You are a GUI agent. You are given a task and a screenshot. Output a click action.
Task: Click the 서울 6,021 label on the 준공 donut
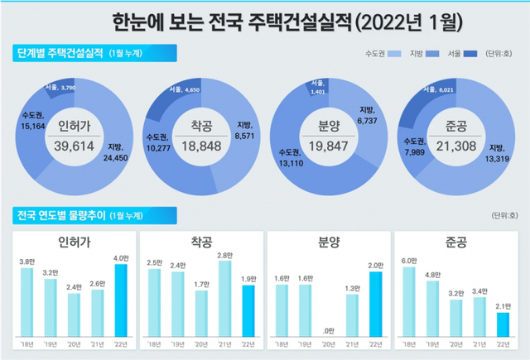pos(446,87)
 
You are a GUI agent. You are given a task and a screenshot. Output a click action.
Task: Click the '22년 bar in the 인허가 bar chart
pos(122,300)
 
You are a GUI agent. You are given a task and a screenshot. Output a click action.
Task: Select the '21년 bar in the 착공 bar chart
pos(225,295)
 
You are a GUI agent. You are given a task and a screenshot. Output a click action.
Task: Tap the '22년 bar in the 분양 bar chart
pos(375,304)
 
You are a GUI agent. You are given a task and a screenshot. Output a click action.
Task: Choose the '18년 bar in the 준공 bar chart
pos(408,301)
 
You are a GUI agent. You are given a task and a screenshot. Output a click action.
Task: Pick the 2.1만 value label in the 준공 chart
pos(503,306)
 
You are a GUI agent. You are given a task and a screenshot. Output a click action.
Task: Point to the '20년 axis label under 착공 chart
pos(201,343)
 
